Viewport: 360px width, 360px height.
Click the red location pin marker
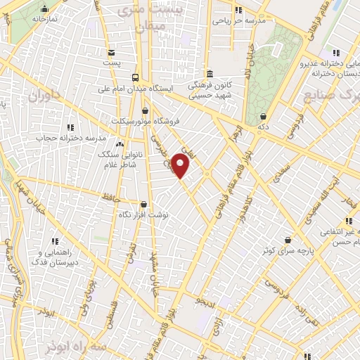(x=181, y=166)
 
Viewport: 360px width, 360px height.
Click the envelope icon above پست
(x=112, y=52)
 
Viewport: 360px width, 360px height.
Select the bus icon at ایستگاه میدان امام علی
(x=135, y=78)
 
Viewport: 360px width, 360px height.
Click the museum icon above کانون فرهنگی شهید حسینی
(x=209, y=74)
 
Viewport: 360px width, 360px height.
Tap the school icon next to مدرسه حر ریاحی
(x=238, y=10)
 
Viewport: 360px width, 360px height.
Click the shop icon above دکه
(x=264, y=116)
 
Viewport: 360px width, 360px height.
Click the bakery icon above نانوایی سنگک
(x=119, y=144)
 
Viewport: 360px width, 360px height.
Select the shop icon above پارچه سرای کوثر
(x=287, y=240)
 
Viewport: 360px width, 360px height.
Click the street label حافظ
(x=108, y=199)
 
